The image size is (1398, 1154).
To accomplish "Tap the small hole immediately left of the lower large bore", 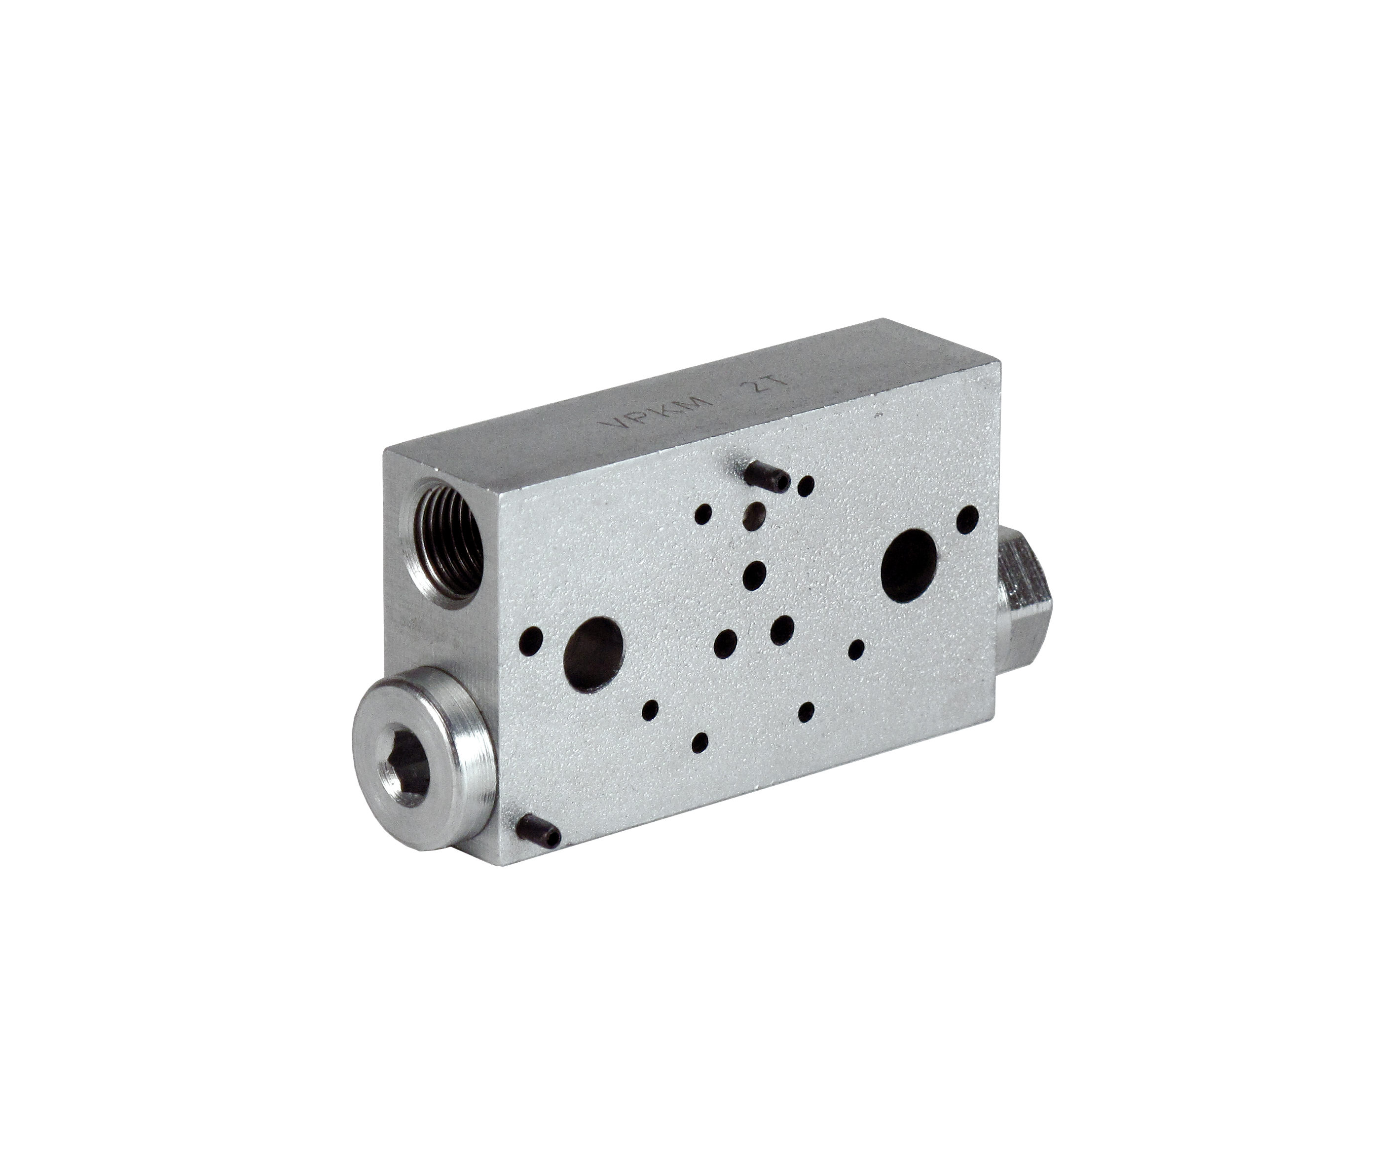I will click(x=532, y=642).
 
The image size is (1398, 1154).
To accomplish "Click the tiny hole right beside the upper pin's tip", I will click(x=807, y=486).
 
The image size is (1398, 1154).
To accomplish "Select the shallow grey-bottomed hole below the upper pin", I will click(x=755, y=514).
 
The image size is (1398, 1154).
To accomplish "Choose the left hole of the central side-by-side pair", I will click(x=726, y=642).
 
